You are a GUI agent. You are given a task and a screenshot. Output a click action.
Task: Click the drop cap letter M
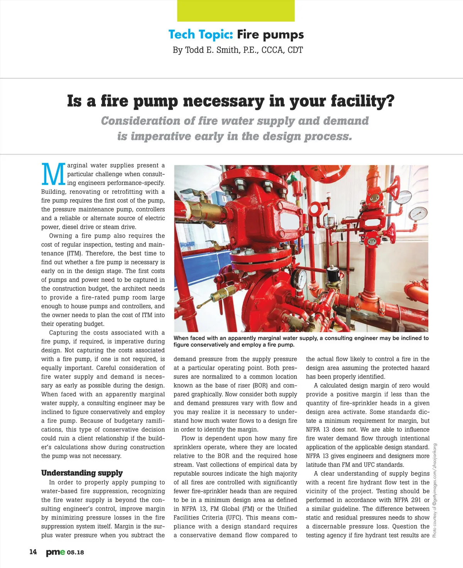(53, 174)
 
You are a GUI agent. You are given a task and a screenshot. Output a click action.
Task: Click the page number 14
(33, 552)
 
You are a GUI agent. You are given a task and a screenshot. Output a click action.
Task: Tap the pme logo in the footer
(56, 552)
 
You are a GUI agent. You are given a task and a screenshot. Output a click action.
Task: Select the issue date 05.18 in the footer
(75, 553)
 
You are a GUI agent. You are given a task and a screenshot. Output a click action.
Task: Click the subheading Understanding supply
(82, 473)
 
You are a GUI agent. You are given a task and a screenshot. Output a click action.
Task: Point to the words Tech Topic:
(201, 35)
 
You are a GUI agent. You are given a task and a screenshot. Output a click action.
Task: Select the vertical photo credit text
(435, 490)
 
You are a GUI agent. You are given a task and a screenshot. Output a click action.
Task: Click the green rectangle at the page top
(236, 11)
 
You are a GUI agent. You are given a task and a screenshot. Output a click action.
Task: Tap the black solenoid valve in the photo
(333, 274)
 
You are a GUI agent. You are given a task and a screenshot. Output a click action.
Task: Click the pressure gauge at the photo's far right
(419, 214)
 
